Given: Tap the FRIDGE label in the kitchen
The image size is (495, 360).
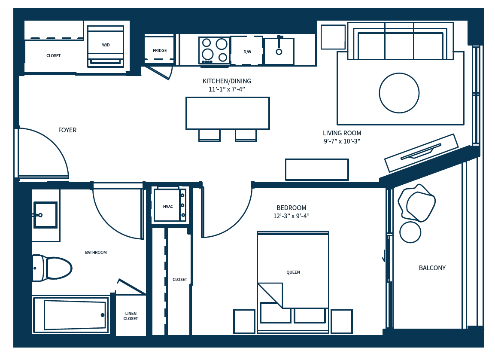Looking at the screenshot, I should pyautogui.click(x=160, y=51).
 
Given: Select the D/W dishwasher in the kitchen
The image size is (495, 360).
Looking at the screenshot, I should pyautogui.click(x=247, y=52).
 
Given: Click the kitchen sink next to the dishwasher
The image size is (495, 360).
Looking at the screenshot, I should pyautogui.click(x=279, y=51).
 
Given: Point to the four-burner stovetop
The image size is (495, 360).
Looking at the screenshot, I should pyautogui.click(x=214, y=50).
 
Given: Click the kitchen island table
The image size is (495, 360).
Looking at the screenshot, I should pyautogui.click(x=228, y=113).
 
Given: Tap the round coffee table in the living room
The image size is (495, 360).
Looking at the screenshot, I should pyautogui.click(x=399, y=93).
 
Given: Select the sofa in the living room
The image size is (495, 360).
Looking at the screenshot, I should pyautogui.click(x=400, y=42).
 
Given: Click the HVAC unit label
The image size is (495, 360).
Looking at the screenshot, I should pyautogui.click(x=168, y=207).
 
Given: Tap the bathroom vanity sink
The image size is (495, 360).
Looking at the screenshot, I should pyautogui.click(x=45, y=215).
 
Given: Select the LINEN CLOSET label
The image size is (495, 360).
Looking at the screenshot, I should pyautogui.click(x=131, y=316).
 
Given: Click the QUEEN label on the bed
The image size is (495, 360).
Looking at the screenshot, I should pyautogui.click(x=293, y=272).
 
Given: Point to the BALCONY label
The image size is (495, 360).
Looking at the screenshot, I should pyautogui.click(x=432, y=268).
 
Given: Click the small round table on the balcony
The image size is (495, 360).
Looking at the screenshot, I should pyautogui.click(x=410, y=232).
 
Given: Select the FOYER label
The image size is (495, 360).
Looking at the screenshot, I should pyautogui.click(x=67, y=130).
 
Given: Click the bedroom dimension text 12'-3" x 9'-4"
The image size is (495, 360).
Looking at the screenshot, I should pyautogui.click(x=291, y=216).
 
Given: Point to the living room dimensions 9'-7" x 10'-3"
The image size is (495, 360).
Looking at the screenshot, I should pyautogui.click(x=342, y=141).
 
